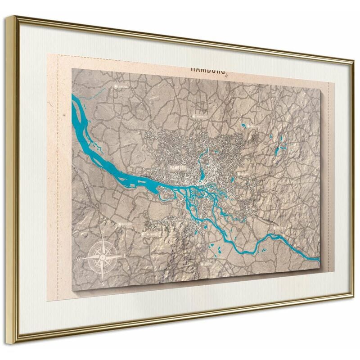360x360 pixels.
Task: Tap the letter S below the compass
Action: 104,284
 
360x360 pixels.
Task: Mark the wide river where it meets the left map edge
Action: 75,106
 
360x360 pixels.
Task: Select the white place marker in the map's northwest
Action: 116,85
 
